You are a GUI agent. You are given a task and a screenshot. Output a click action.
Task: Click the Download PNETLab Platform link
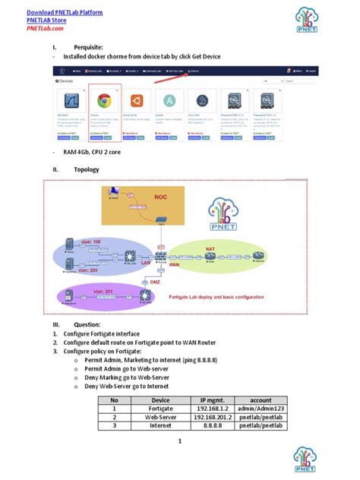[x=65, y=13]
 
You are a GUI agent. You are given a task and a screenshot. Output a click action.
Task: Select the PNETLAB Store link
[x=46, y=21]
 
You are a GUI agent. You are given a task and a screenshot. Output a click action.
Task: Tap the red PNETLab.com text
[x=46, y=28]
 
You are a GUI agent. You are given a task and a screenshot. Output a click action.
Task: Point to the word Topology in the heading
[x=86, y=169]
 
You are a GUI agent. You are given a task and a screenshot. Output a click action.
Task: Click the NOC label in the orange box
[x=160, y=196]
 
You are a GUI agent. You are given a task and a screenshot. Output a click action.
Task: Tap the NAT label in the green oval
[x=210, y=248]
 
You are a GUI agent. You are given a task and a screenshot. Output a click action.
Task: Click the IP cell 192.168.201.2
[x=213, y=417]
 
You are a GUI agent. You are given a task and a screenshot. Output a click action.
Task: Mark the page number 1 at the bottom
[x=180, y=441]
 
